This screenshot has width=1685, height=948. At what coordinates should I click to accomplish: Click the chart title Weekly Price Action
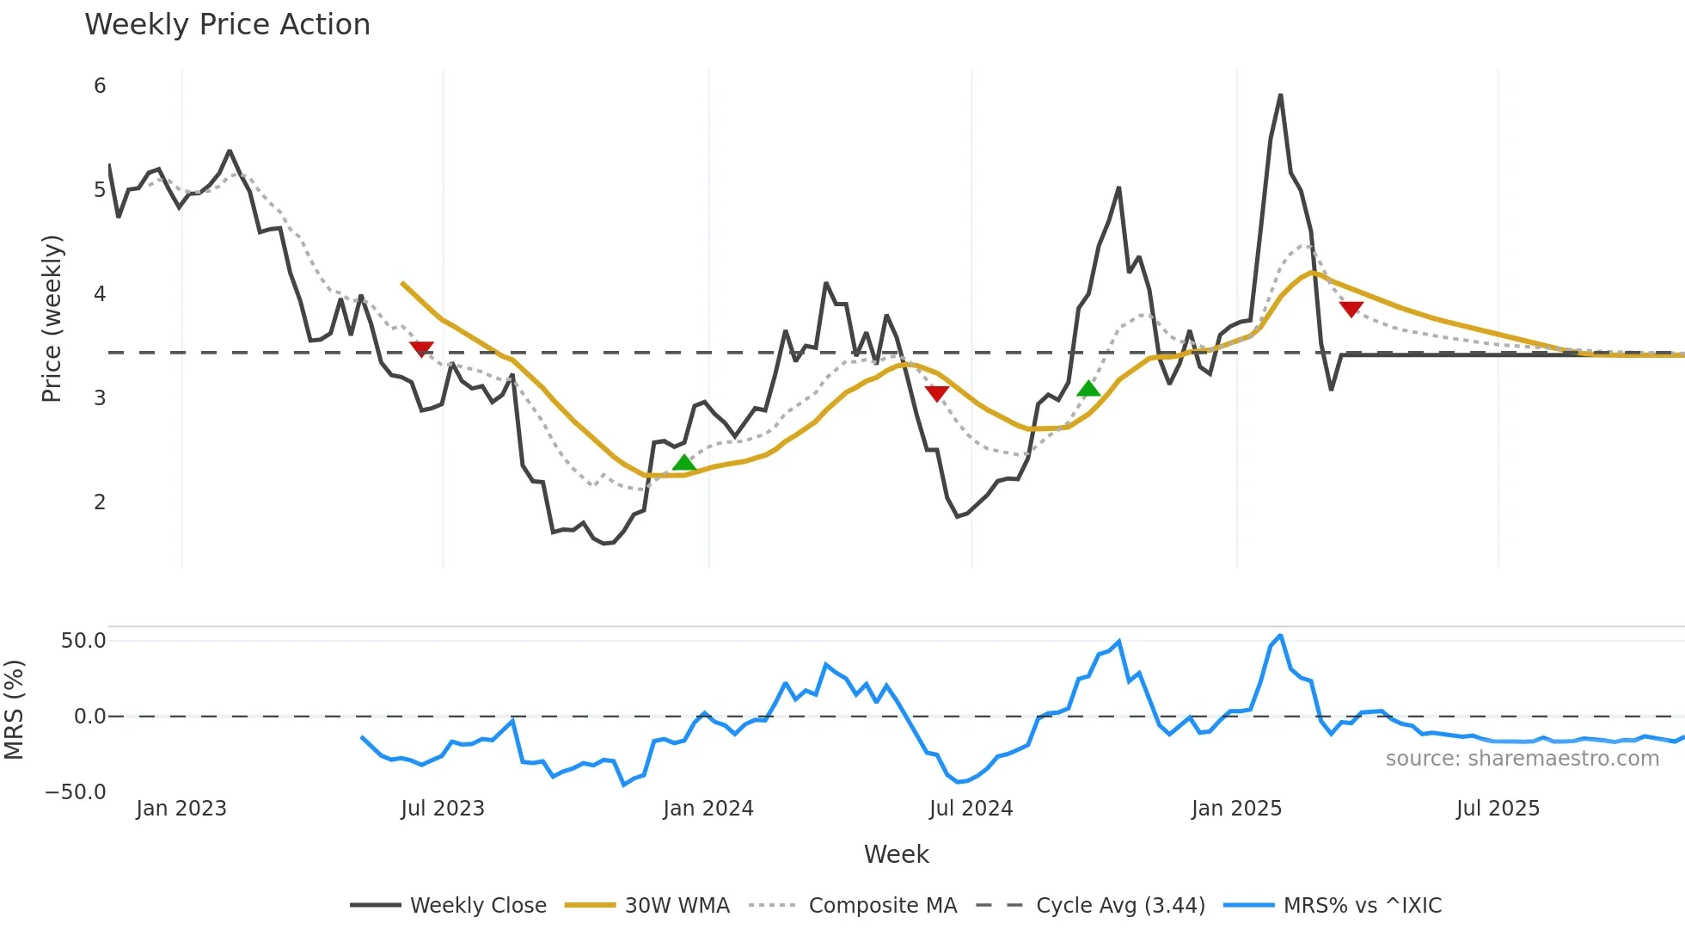[227, 25]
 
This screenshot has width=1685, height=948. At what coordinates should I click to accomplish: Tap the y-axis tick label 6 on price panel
[100, 86]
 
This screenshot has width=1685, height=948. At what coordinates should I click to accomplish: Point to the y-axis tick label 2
[100, 502]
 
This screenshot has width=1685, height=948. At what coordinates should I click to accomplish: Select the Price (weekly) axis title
[52, 318]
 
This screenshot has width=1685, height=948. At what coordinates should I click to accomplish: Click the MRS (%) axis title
[15, 710]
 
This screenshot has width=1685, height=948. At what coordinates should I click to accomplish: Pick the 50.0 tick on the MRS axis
[83, 641]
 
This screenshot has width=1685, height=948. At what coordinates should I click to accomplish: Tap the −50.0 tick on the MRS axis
[76, 792]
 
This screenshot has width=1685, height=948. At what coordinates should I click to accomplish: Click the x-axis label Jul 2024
[971, 809]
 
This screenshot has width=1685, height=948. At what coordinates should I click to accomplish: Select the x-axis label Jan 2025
[1236, 809]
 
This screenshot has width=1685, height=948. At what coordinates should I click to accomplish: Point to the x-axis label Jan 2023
[181, 809]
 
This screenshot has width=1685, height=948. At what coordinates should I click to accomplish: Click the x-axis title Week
[896, 854]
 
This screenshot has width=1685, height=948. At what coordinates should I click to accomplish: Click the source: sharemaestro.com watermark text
[1522, 759]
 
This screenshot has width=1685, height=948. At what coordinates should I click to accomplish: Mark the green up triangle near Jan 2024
[684, 463]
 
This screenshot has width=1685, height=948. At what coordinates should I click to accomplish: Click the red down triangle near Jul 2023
[421, 348]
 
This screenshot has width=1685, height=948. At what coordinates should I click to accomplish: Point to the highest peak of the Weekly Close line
[1280, 95]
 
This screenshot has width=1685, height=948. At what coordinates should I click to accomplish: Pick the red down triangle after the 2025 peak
[1351, 309]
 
